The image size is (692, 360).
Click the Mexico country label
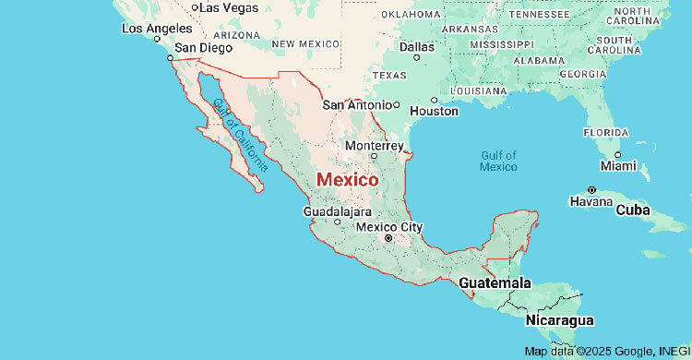(x=347, y=180)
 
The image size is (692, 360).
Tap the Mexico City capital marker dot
(x=388, y=239)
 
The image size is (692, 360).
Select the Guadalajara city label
(x=337, y=211)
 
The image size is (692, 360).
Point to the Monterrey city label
(x=374, y=146)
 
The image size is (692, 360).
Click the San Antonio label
(x=356, y=104)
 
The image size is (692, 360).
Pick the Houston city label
(x=434, y=111)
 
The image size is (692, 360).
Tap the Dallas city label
(x=417, y=46)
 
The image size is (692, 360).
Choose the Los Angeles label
(x=156, y=28)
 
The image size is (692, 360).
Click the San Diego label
(x=197, y=47)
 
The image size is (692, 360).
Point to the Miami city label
(x=617, y=166)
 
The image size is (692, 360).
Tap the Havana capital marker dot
(x=592, y=189)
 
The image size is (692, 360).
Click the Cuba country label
(x=633, y=210)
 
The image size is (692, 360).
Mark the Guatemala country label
(x=495, y=282)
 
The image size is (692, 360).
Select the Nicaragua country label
(x=559, y=320)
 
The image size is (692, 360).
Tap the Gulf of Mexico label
(x=498, y=161)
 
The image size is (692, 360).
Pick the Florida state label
(x=605, y=132)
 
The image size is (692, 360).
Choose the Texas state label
(x=388, y=76)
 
